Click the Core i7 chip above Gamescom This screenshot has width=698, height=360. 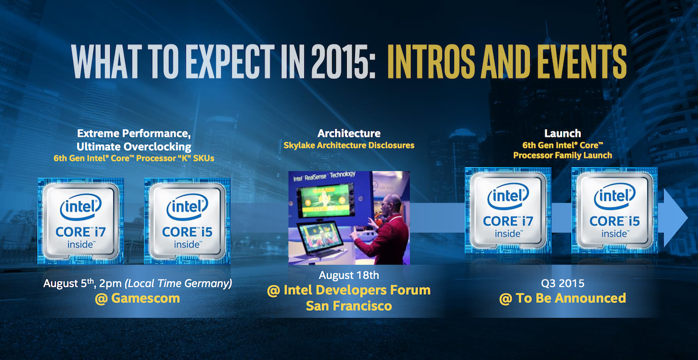point(81,220)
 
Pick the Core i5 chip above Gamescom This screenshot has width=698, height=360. point(187,220)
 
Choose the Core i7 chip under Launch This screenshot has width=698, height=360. point(508,210)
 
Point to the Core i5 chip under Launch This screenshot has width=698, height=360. point(615,210)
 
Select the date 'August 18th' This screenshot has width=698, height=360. point(349,275)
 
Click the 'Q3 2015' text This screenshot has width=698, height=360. point(562,283)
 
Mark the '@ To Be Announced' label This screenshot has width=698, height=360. point(562,298)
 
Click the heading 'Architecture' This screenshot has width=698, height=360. point(349,133)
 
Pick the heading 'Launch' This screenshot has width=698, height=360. point(562,133)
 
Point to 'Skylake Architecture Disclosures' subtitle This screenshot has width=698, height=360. point(349,146)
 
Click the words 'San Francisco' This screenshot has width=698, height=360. point(349,306)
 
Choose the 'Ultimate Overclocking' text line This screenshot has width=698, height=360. point(134,146)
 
